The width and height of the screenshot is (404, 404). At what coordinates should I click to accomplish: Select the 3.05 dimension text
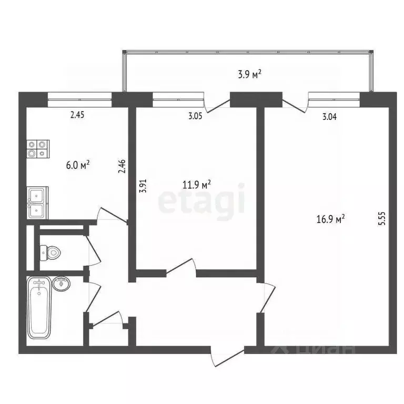pos(195,116)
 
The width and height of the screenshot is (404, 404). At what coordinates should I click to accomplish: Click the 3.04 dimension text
pos(329,117)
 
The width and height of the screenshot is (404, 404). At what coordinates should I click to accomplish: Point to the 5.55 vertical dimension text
pos(382,218)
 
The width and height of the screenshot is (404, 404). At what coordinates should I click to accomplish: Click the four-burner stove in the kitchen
pos(38,148)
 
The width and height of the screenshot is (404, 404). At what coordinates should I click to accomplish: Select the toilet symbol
pos(50,252)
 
